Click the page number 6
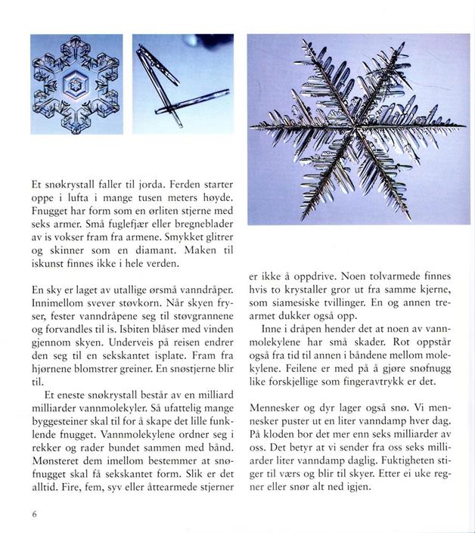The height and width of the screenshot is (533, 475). (x=35, y=515)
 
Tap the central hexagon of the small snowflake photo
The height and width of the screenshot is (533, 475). (x=76, y=85)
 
